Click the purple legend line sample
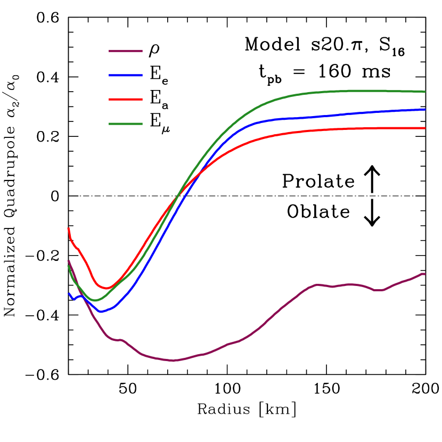(x=126, y=51)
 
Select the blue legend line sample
(x=126, y=76)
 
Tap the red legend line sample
(x=126, y=100)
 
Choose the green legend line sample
(x=126, y=124)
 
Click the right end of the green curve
(x=424, y=92)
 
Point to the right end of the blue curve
(x=424, y=109)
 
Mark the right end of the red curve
(x=424, y=128)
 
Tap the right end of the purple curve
(x=424, y=274)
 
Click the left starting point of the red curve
(x=68, y=228)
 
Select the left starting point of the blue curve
(x=69, y=293)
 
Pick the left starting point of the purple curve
(x=68, y=261)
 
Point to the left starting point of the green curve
(x=68, y=266)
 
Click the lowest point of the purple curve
(x=173, y=361)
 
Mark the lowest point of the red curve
(x=107, y=289)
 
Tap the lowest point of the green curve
(x=95, y=300)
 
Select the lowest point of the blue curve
(x=102, y=312)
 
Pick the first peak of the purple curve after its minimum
(x=317, y=285)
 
